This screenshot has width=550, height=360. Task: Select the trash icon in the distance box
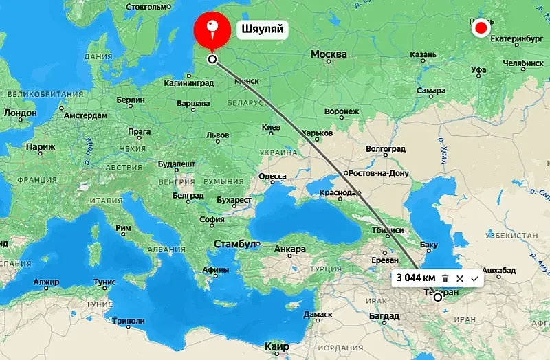tap(445, 278)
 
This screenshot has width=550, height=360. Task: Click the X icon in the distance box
tap(460, 278)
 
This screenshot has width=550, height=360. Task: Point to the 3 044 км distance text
tap(415, 278)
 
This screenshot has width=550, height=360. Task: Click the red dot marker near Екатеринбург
tap(481, 28)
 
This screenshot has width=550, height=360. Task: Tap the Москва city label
tap(329, 54)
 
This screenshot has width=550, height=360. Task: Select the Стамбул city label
tap(234, 244)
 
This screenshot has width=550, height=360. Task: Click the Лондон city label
tap(20, 112)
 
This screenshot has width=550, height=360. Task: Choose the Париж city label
tap(40, 146)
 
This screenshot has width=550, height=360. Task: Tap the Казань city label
tap(422, 55)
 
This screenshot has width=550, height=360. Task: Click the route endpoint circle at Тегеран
tap(437, 297)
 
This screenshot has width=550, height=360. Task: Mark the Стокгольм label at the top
tap(147, 7)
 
